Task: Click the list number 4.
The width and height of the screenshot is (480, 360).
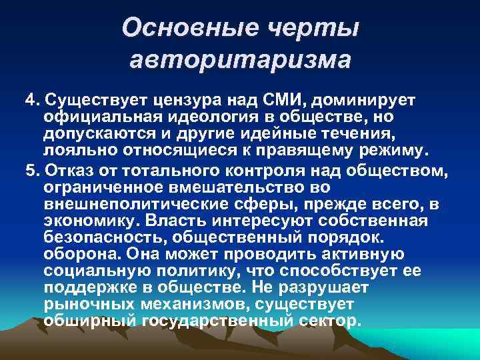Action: click(x=30, y=100)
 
